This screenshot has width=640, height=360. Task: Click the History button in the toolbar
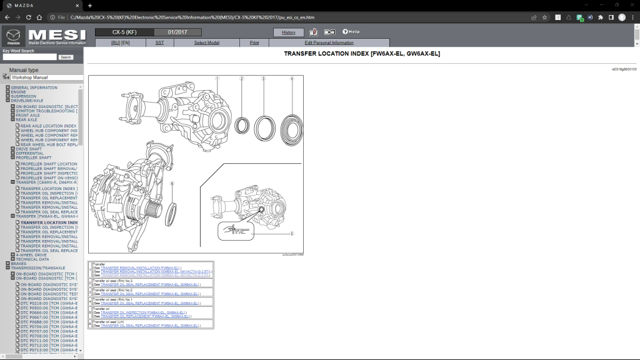[289, 32]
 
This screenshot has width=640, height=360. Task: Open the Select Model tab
[206, 43]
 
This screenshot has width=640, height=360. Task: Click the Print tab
[254, 43]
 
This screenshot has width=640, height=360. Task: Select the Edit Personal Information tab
[329, 43]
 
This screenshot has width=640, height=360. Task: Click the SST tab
[159, 43]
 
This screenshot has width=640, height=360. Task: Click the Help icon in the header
[350, 32]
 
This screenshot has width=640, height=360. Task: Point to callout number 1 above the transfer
[217, 79]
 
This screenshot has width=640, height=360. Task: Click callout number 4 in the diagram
[291, 79]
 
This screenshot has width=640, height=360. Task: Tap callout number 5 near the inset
[292, 233]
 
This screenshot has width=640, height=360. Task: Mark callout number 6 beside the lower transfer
[172, 183]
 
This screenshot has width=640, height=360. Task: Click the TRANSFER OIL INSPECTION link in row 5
[143, 312]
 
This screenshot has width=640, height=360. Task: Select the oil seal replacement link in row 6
[151, 326]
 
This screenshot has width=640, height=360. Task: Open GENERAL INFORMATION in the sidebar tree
[34, 87]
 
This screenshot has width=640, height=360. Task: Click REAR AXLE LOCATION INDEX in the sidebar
[49, 126]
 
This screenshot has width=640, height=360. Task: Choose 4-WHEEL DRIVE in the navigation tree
[31, 255]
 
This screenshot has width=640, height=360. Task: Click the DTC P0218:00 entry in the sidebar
[49, 303]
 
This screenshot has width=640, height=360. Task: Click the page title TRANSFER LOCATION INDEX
[362, 54]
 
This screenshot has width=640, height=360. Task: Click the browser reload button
[28, 17]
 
